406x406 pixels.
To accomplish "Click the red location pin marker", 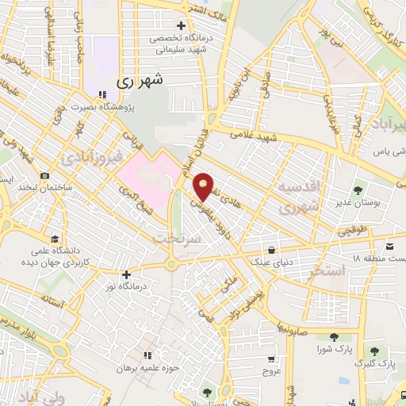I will pos(204,186).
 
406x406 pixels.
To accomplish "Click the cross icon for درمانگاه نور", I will pos(126,274).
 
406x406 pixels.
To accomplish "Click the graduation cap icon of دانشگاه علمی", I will pos(54,239).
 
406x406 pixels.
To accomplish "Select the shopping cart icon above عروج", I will pos(271,358).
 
